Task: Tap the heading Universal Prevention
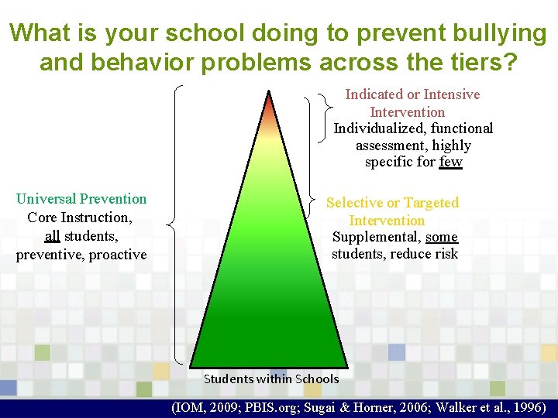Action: (x=81, y=199)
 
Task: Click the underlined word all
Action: (x=52, y=235)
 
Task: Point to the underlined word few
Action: (x=450, y=162)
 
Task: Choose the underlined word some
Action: (x=442, y=237)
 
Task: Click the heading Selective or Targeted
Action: (x=392, y=203)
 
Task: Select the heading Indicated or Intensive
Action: (x=412, y=94)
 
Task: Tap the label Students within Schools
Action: (x=270, y=379)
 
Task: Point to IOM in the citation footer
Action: (x=192, y=407)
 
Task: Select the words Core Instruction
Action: (x=79, y=218)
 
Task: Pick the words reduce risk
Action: (x=429, y=254)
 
